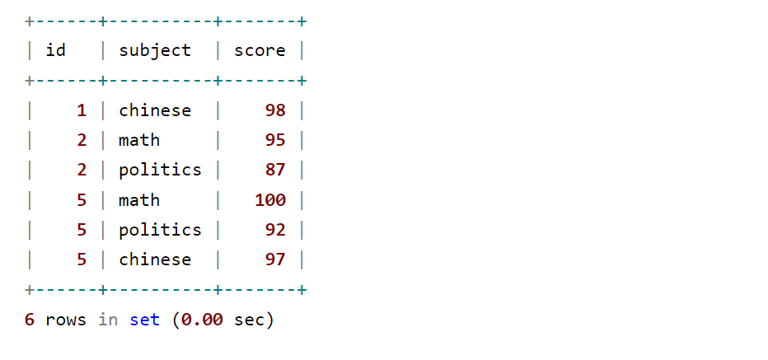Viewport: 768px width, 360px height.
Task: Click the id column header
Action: coord(56,50)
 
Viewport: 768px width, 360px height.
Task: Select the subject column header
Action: coord(155,50)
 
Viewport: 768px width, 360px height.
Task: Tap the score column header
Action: coord(260,50)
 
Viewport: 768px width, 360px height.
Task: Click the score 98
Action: coord(275,110)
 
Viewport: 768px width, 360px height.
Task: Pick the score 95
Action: coord(275,140)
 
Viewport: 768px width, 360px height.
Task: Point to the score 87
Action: coord(275,170)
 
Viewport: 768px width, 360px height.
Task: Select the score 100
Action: coord(270,200)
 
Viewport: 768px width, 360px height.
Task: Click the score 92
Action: coord(275,230)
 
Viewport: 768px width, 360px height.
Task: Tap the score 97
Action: coord(275,259)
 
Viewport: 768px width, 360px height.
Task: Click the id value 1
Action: coord(81,110)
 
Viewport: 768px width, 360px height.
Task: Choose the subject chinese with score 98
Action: coord(155,110)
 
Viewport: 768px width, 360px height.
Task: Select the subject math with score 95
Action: coord(139,140)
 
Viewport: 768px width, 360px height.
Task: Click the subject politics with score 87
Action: coord(160,170)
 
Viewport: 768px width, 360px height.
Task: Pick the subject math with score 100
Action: coord(139,200)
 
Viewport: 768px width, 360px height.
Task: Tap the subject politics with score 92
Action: coord(160,230)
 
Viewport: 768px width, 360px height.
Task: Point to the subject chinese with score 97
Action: coord(155,259)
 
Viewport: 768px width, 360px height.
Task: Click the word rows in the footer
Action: coord(66,320)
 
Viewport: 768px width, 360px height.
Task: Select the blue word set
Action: coord(144,320)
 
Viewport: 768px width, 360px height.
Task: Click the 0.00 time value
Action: coord(202,320)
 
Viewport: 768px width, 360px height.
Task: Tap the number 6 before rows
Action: coord(30,320)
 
